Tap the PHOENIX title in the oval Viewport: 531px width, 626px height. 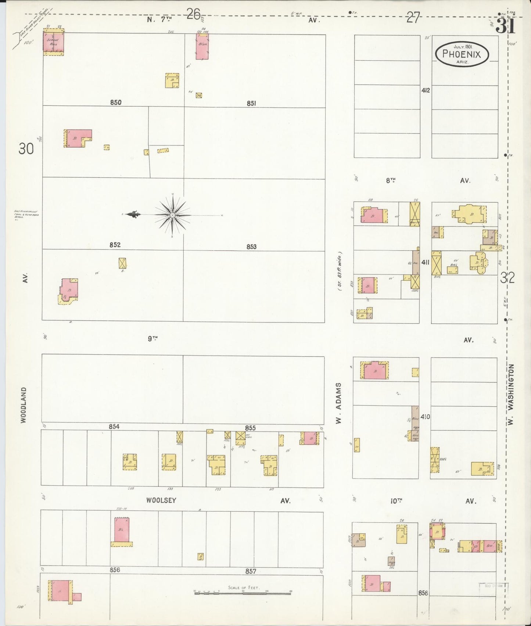(462, 54)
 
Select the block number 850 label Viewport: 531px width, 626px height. (116, 102)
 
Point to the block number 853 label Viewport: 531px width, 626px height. (251, 247)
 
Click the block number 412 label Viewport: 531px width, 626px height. (426, 90)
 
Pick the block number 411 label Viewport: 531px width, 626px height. (426, 262)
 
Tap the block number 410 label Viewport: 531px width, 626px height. (426, 417)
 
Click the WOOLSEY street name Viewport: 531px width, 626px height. (161, 500)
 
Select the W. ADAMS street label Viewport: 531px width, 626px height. (339, 403)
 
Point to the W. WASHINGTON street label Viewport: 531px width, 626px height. (512, 395)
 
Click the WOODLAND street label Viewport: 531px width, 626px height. (24, 405)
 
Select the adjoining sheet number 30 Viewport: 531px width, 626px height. (26, 149)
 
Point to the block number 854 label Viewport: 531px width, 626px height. (114, 427)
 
